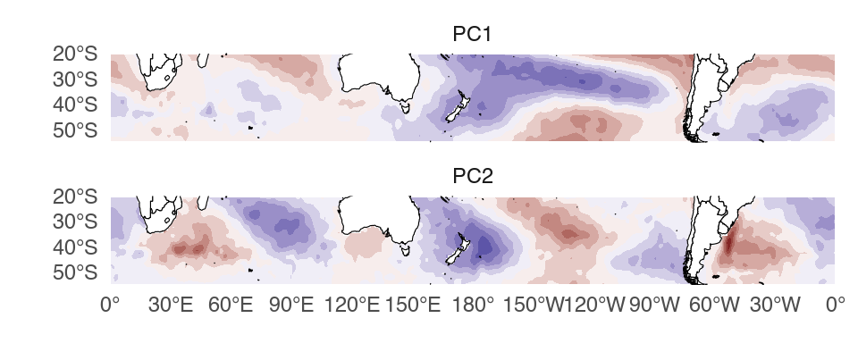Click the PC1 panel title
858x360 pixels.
pos(473,34)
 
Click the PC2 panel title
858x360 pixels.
pos(473,177)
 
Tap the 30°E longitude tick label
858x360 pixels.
pos(171,305)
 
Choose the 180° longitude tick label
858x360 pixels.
pos(473,305)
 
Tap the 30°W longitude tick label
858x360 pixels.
pos(774,305)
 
